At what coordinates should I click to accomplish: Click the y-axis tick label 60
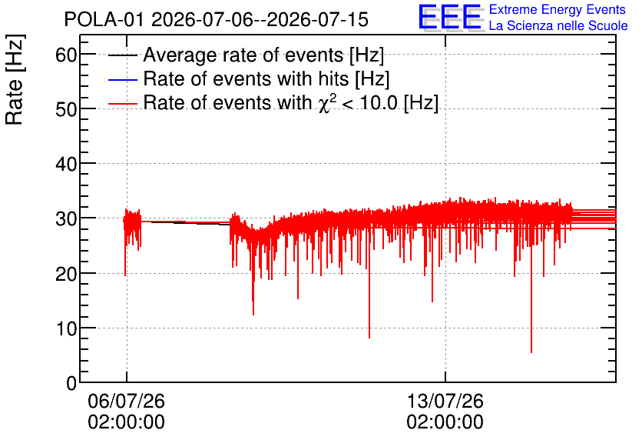pyautogui.click(x=66, y=55)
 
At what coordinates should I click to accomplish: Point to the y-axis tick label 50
pyautogui.click(x=66, y=109)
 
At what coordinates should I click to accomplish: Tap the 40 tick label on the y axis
pyautogui.click(x=66, y=164)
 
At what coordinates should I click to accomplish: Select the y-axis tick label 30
pyautogui.click(x=66, y=219)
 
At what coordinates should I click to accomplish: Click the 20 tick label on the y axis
pyautogui.click(x=66, y=274)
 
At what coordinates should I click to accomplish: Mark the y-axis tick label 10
pyautogui.click(x=66, y=328)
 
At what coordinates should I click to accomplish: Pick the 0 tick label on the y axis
pyautogui.click(x=71, y=383)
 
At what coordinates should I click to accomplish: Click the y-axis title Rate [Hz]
pyautogui.click(x=15, y=79)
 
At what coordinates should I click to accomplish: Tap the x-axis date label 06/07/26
pyautogui.click(x=126, y=401)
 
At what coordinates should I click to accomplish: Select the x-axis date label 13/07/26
pyautogui.click(x=445, y=401)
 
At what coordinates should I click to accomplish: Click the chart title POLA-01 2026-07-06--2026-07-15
pyautogui.click(x=217, y=20)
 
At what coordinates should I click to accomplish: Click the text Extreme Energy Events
pyautogui.click(x=558, y=9)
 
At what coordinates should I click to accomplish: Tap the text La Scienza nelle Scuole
pyautogui.click(x=558, y=25)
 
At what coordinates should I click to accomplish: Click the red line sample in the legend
pyautogui.click(x=122, y=104)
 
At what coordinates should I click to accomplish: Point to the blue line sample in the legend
pyautogui.click(x=122, y=79)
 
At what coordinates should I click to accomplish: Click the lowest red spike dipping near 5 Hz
pyautogui.click(x=531, y=352)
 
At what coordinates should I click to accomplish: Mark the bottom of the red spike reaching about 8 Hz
pyautogui.click(x=369, y=338)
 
